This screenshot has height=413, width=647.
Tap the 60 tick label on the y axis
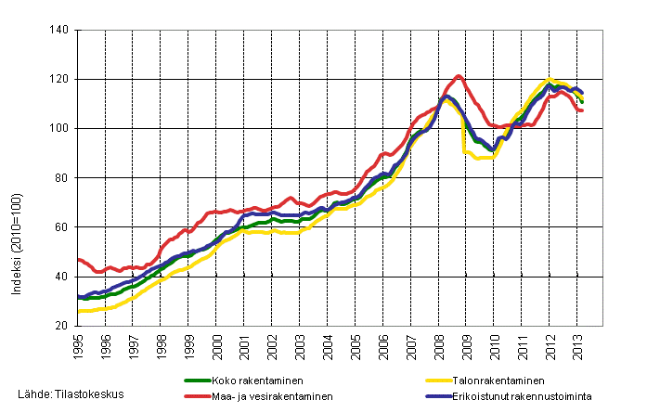coord(60,227)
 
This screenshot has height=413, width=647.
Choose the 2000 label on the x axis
coord(216,344)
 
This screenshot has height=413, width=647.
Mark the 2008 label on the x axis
coord(438,344)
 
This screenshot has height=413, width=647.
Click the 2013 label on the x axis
coord(576,344)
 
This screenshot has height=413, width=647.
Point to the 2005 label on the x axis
coord(355,344)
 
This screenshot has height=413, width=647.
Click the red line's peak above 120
coord(459,76)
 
